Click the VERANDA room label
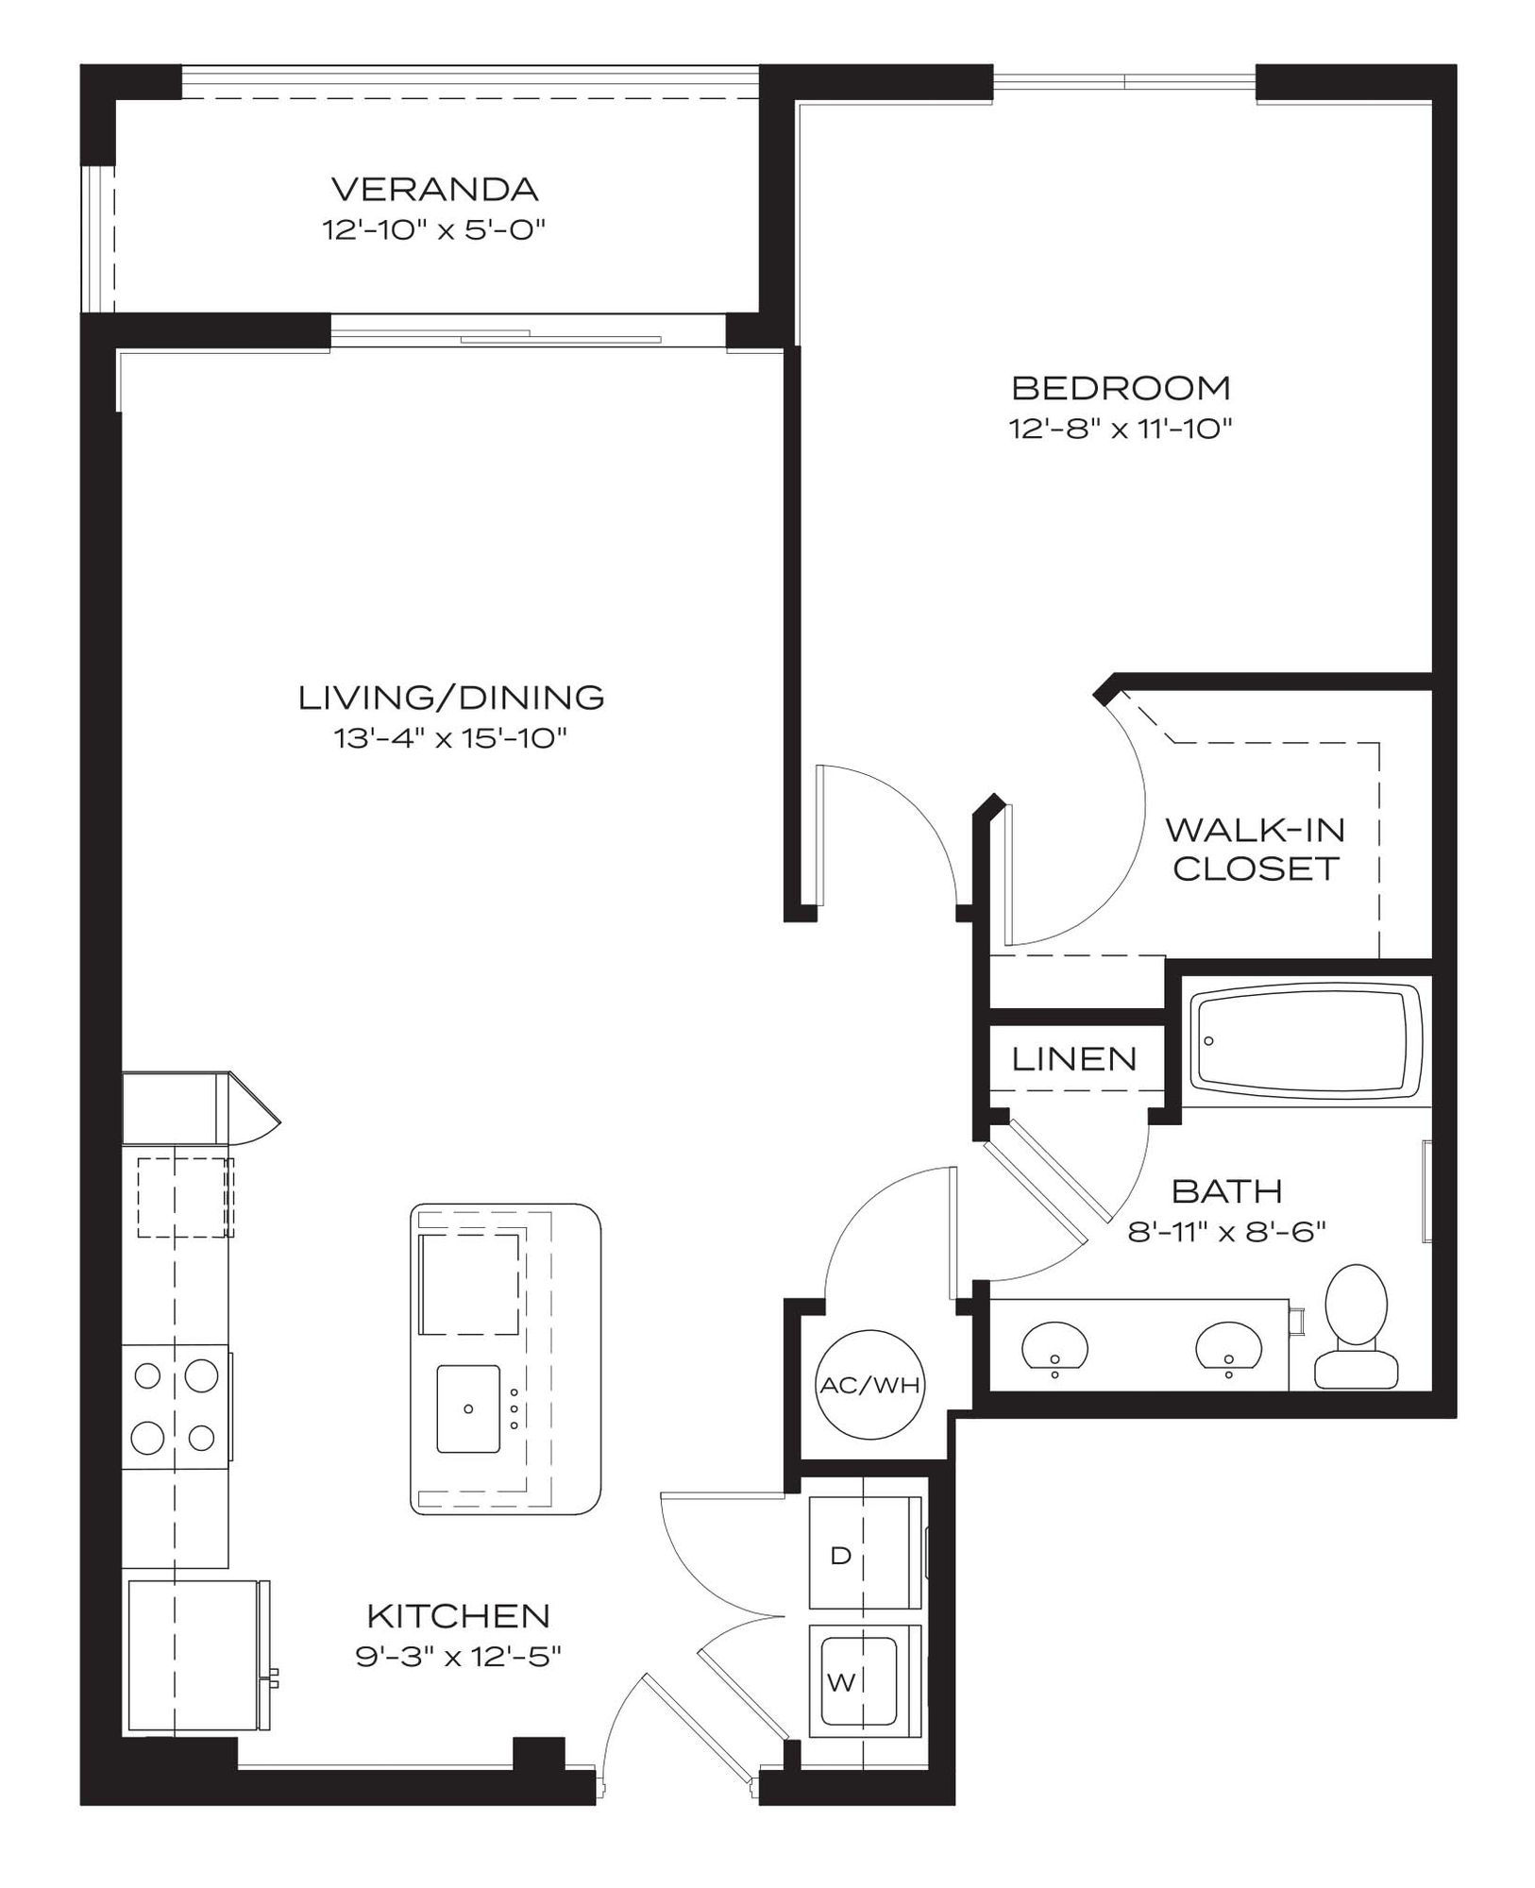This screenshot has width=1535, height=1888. (434, 190)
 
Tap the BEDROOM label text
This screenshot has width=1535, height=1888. (1121, 388)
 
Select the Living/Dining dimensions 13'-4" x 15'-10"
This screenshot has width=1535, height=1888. (449, 737)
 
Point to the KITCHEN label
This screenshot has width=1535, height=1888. (458, 1615)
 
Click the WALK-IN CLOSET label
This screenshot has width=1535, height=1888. (1255, 849)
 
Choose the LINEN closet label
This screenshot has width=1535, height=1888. (1074, 1059)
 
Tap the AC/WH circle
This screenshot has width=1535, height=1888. (869, 1385)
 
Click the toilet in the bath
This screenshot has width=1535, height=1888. (1356, 1326)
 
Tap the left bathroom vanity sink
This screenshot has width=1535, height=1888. (1054, 1347)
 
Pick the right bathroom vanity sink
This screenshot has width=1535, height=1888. (1228, 1347)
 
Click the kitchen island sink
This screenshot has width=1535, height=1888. (468, 1408)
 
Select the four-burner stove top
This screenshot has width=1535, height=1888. (177, 1407)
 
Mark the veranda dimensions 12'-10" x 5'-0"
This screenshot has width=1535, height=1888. (434, 229)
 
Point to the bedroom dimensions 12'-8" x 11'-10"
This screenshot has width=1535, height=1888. (1122, 429)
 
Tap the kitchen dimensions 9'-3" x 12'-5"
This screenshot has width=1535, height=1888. (458, 1657)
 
